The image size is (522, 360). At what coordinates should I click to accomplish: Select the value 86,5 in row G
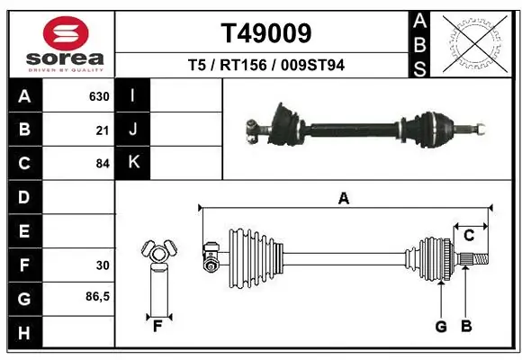[97, 296]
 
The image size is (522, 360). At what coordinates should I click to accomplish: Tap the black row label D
[23, 196]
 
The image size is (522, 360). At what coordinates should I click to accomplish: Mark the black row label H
[23, 332]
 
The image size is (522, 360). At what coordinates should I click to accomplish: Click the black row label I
[132, 96]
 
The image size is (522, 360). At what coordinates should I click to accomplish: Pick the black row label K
[132, 163]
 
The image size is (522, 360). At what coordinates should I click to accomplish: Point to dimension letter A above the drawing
[343, 199]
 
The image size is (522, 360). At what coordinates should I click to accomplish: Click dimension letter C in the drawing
[469, 236]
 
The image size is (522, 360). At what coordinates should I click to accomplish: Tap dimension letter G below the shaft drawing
[440, 327]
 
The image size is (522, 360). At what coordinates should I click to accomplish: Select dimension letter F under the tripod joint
[157, 326]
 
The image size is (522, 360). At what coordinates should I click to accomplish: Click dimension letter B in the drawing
[465, 327]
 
